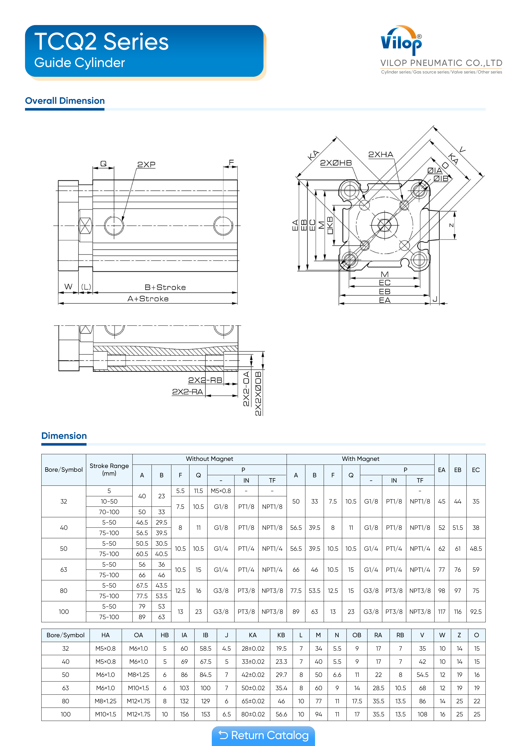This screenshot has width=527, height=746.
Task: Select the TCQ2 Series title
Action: (x=101, y=42)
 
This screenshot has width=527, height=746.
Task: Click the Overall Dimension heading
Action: (x=65, y=101)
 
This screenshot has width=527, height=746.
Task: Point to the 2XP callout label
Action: (x=146, y=165)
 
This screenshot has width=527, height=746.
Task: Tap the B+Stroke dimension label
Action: (x=165, y=287)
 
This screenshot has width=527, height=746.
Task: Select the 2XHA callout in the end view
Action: (x=381, y=155)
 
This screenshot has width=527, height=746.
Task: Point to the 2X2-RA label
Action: (x=187, y=392)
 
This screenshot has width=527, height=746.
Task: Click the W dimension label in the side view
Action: (x=68, y=287)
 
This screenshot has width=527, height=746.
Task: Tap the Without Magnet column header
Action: (x=209, y=459)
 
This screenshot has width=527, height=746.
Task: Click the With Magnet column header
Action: (x=360, y=459)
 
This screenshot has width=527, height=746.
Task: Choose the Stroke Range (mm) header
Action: (x=109, y=469)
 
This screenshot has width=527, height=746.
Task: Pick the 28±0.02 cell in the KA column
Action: (x=253, y=649)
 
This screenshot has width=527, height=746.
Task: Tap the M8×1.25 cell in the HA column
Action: (x=106, y=701)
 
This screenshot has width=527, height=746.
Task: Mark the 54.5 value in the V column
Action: (x=422, y=675)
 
